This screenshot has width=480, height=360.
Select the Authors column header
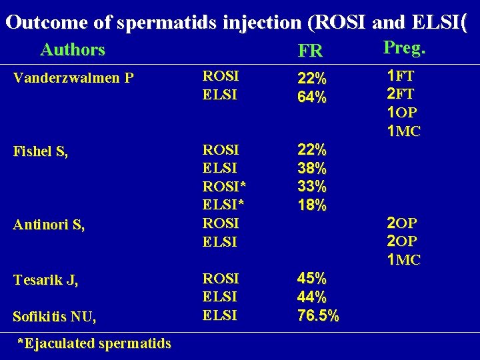73,50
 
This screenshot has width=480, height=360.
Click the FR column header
310,51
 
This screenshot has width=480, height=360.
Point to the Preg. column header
405,48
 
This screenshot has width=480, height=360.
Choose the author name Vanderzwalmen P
74,79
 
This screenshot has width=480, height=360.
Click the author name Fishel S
41,151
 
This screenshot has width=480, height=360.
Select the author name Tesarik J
46,281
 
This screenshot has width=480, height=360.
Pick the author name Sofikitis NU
55,317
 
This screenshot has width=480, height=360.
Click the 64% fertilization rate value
312,97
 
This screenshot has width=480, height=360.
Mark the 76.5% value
318,315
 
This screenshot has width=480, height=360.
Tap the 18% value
312,206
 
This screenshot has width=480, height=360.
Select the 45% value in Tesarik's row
312,278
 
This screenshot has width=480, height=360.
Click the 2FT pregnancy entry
400,94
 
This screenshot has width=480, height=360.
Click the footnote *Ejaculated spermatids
94,343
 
